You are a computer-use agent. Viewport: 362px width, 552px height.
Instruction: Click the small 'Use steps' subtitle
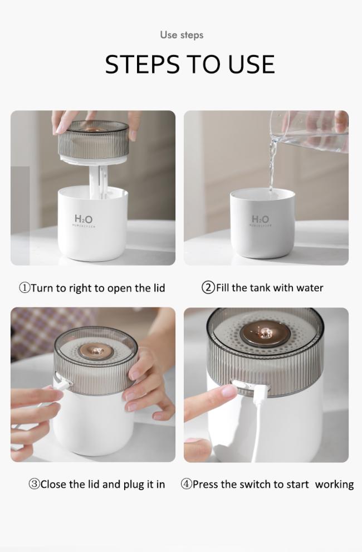pos(182,35)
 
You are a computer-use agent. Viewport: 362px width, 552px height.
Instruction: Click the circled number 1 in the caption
pos(25,288)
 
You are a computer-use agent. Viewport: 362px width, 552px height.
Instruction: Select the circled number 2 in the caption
pos(208,287)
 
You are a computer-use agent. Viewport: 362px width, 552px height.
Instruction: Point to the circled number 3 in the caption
pos(34,485)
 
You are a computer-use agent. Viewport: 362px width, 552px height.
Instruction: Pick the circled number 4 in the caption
pos(186,484)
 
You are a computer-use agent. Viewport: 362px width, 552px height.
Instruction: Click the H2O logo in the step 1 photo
pos(84,219)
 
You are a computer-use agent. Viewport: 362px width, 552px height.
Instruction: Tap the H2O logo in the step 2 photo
pos(260,218)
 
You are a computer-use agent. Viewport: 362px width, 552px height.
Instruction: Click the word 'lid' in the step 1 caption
pos(159,288)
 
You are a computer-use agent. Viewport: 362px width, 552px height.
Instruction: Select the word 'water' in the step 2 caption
pos(310,288)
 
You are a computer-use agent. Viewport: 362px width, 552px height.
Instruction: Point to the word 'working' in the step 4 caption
pos(334,485)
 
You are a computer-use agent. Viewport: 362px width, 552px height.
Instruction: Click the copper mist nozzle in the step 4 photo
pos(265,334)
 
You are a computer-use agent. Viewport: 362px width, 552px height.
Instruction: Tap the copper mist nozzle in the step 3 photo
pos(95,350)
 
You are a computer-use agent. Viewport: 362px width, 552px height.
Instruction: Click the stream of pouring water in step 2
pos(272,165)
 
